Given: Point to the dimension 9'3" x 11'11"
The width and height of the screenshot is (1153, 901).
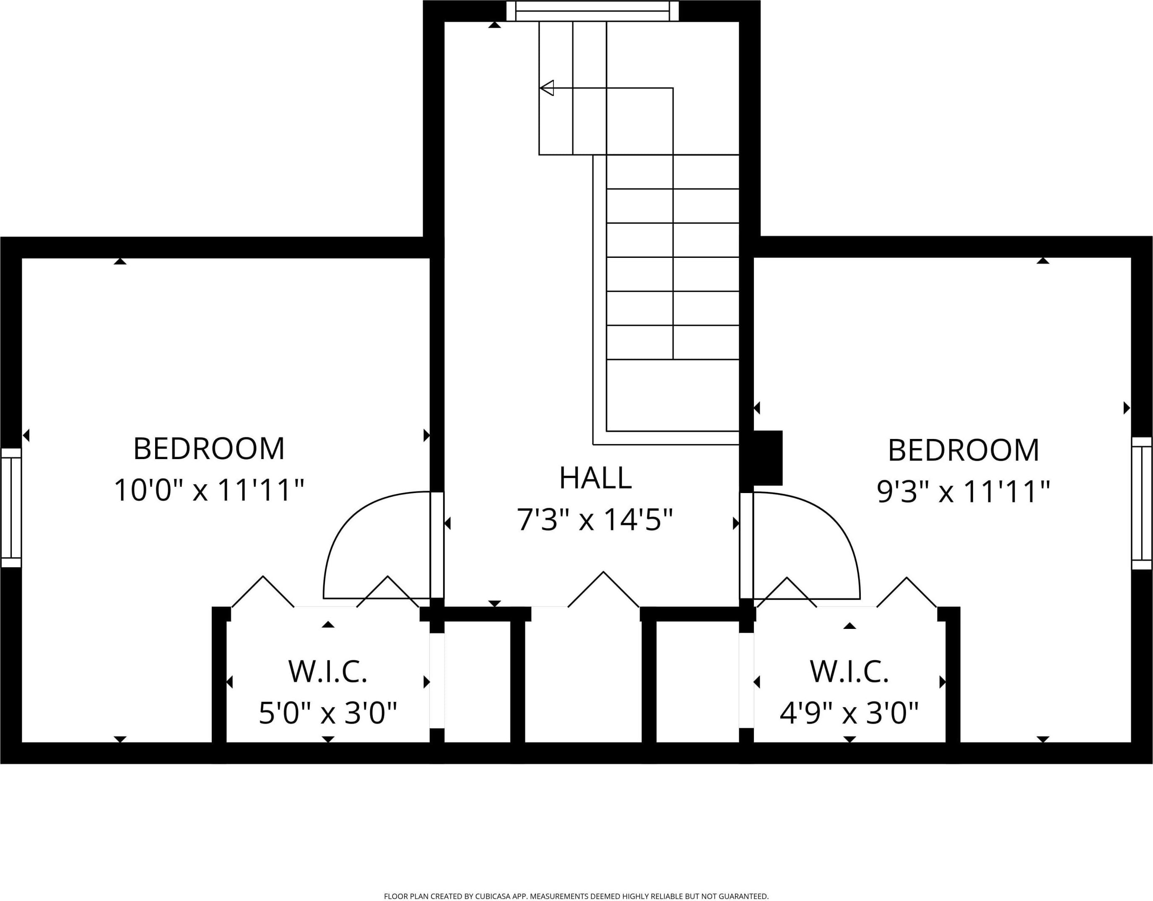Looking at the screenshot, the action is [963, 491].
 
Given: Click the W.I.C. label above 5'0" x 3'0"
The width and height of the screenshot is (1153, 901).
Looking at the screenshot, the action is [327, 671].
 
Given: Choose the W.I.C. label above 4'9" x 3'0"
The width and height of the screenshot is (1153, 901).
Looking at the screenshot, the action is [849, 671].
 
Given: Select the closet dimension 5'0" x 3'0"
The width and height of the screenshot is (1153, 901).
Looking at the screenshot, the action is [327, 713].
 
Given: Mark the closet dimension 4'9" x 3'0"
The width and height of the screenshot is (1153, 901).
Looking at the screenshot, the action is [849, 713].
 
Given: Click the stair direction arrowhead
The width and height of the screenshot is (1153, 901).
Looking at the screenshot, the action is [547, 88].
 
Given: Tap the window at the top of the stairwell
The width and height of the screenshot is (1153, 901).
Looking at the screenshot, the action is [592, 11].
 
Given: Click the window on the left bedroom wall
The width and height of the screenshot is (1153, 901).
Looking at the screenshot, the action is [11, 508].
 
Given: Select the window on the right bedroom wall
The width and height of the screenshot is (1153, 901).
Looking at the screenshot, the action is [1141, 503].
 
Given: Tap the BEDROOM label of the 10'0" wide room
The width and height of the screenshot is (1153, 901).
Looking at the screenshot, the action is [209, 449].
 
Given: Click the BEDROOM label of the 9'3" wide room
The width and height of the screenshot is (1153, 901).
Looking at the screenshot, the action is [963, 450].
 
